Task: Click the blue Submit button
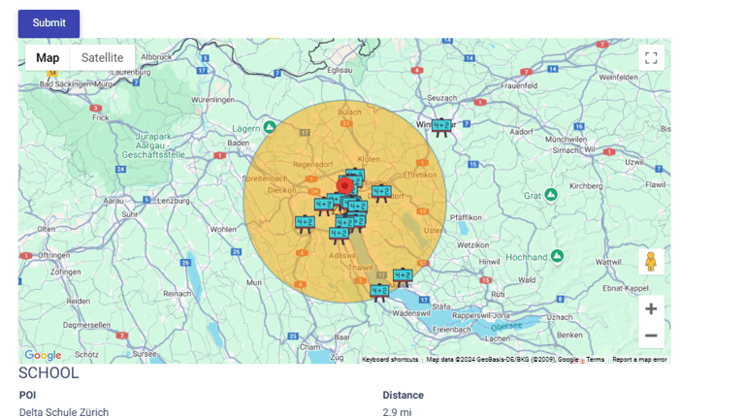coord(49,23)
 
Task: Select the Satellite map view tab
coord(102,58)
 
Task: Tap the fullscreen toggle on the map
coord(651,58)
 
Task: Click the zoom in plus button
coord(651,309)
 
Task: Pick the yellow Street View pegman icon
coord(651,262)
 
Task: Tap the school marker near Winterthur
coord(442,126)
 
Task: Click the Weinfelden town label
coord(619,77)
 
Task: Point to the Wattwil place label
coord(608,262)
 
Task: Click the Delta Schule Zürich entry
coord(64,412)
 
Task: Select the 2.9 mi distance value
coord(398,412)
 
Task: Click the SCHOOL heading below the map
coord(49,373)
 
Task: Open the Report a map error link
coord(639,360)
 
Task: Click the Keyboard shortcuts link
coord(390,360)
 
